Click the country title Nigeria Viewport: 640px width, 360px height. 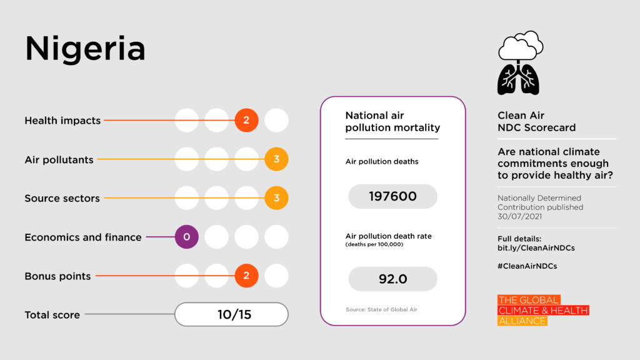pos(85,49)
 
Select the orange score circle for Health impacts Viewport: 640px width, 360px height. pos(246,120)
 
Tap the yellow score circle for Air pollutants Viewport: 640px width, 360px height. pos(276,159)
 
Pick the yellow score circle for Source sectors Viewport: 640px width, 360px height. pos(276,198)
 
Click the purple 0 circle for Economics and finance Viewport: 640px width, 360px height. pos(186,237)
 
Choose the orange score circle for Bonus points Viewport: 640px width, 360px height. pos(246,276)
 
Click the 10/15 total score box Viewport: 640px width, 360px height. pos(231,314)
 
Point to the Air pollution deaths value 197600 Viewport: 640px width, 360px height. pos(392,196)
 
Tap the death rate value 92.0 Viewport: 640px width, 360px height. pos(392,279)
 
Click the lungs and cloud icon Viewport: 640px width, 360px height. pos(519,62)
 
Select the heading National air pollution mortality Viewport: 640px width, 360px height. pos(392,121)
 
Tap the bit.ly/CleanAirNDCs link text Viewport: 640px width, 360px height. pos(536,247)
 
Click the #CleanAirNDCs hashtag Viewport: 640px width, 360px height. pos(527,266)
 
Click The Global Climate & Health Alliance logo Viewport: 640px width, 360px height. pos(542,311)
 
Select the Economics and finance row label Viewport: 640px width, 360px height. pos(82,237)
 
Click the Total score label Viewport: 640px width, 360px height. pos(52,315)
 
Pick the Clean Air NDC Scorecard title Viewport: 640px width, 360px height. pos(536,121)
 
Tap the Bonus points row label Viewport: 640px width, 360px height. pos(57,276)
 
